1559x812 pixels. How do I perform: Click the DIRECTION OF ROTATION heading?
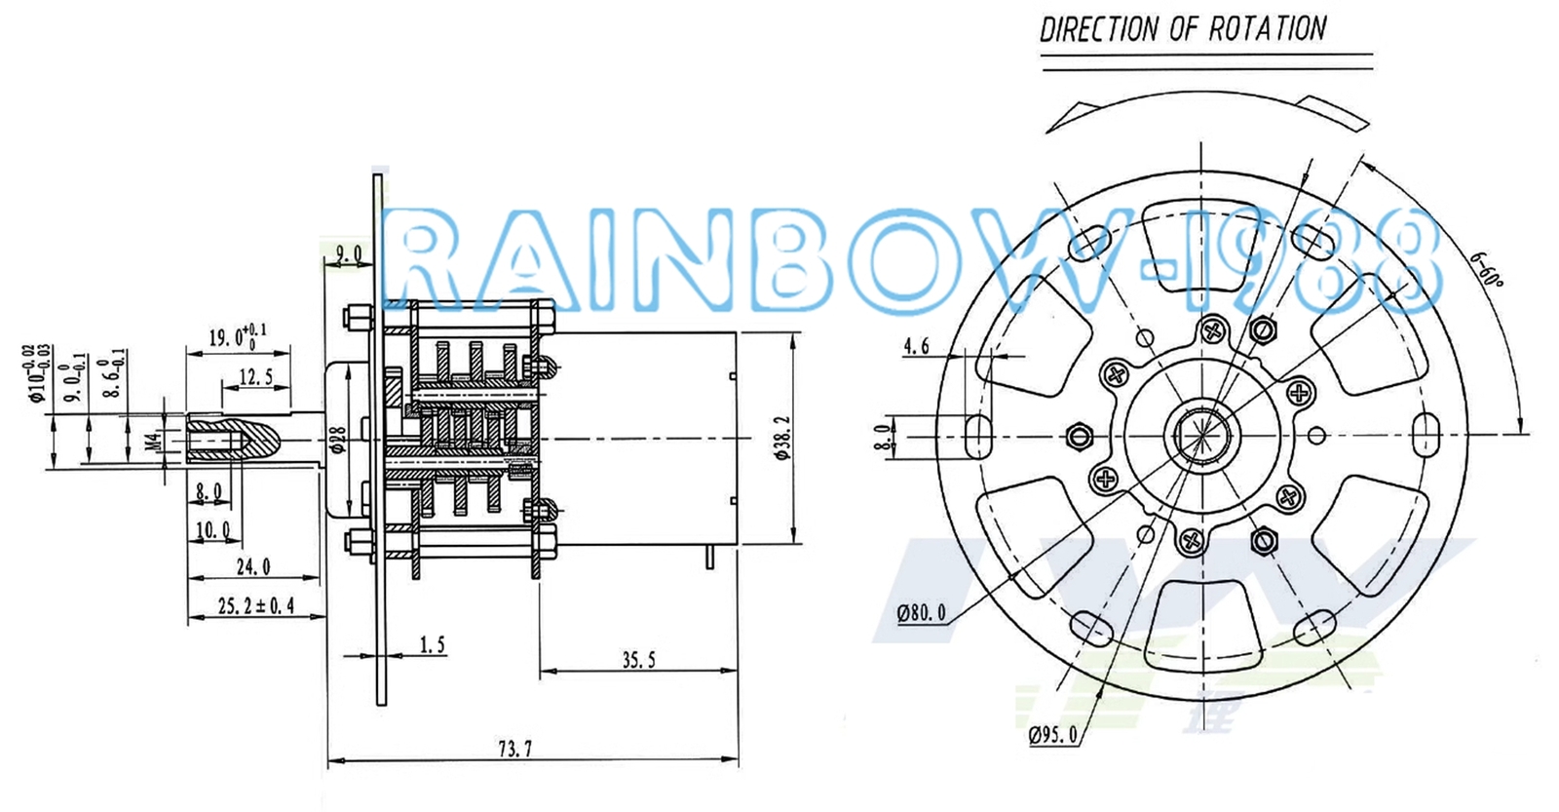(x=1183, y=28)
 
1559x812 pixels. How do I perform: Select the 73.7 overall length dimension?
(x=514, y=749)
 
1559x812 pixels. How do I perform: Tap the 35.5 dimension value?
(x=639, y=660)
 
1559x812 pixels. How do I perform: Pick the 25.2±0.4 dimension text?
(x=255, y=606)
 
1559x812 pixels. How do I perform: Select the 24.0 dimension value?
(x=253, y=565)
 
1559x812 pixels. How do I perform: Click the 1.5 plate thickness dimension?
(x=432, y=644)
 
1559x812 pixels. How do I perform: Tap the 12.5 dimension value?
(x=255, y=376)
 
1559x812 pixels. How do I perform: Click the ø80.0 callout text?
(x=921, y=613)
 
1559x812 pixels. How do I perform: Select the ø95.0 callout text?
(x=1053, y=734)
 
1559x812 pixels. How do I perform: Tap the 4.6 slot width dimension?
(x=917, y=346)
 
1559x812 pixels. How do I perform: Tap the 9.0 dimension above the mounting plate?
(x=348, y=254)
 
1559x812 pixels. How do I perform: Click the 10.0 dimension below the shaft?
(x=212, y=530)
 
